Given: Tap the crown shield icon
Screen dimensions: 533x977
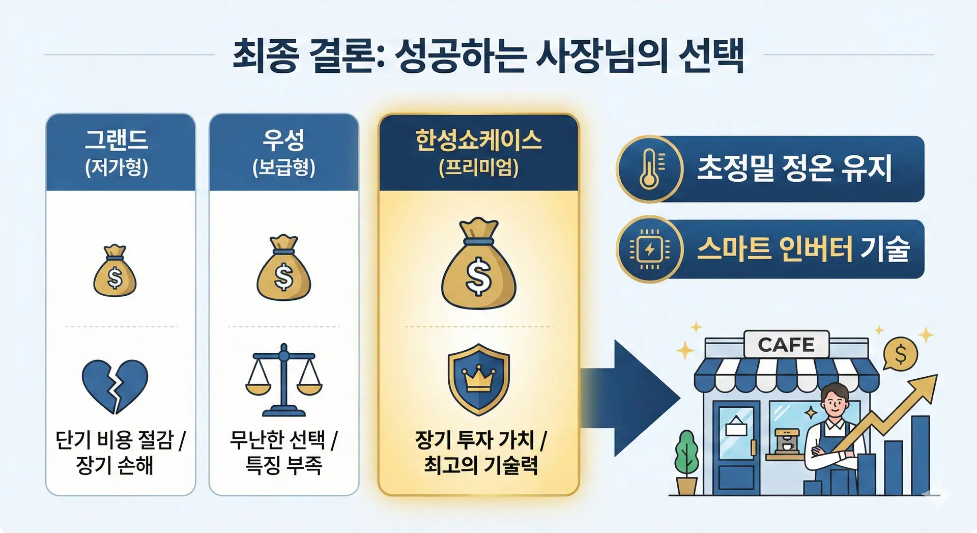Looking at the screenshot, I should (x=478, y=379).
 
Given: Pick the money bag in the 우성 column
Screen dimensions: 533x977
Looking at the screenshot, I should (x=283, y=268).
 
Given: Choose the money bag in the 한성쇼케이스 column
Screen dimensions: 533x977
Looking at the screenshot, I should (x=478, y=264).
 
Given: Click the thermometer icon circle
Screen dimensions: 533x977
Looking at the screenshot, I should (x=649, y=169).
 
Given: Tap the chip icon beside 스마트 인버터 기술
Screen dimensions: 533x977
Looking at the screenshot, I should (x=649, y=249).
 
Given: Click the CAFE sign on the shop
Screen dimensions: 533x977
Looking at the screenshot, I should (x=786, y=345).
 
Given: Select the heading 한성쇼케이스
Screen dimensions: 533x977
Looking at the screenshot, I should (x=478, y=140).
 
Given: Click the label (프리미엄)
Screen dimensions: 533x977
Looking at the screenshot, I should (x=478, y=167).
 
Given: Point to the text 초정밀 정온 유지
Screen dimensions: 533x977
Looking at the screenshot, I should (x=794, y=169).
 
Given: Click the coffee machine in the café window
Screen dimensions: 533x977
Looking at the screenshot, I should (x=787, y=441).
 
